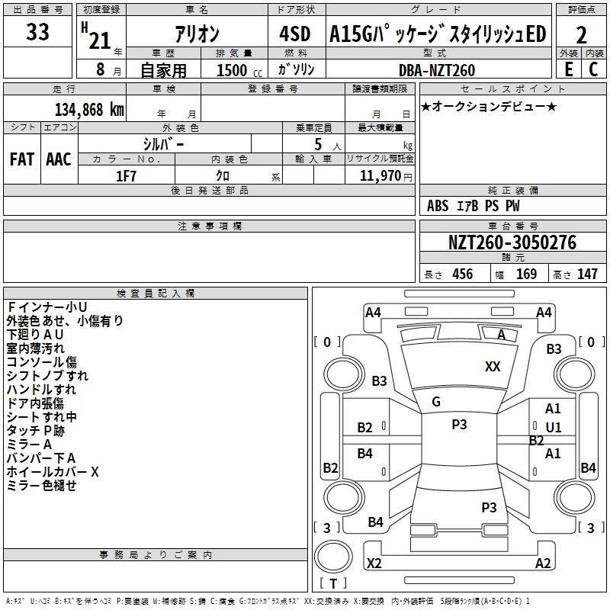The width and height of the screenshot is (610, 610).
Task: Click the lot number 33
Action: click(x=37, y=33)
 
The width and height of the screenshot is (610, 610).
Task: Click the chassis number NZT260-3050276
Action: click(x=512, y=243)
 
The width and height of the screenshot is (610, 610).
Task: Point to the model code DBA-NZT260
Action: click(x=436, y=70)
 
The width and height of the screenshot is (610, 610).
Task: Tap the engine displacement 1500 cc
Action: click(x=233, y=70)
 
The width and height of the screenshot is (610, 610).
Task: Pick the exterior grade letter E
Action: click(x=568, y=69)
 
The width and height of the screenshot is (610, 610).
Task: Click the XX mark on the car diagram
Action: click(x=493, y=367)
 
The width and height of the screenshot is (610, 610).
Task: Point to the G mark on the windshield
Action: click(x=436, y=402)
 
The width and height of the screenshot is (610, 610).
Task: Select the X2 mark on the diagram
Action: click(x=374, y=563)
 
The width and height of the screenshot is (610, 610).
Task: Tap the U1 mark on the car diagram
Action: click(x=553, y=427)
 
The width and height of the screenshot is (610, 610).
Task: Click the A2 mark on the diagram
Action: click(x=543, y=563)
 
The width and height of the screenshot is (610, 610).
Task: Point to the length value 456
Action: click(x=462, y=274)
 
